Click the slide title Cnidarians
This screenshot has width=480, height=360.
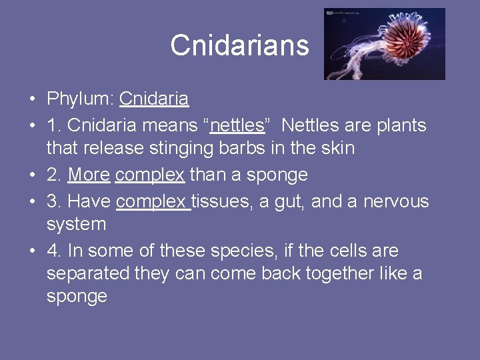(x=239, y=45)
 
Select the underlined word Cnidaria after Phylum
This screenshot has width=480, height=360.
(x=154, y=100)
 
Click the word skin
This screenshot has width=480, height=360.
(x=337, y=148)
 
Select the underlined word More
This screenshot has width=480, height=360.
(x=89, y=175)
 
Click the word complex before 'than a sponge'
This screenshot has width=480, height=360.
(x=150, y=175)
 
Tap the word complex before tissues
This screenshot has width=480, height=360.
(x=152, y=201)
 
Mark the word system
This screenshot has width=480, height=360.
(x=76, y=224)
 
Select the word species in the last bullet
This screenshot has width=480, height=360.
(x=237, y=251)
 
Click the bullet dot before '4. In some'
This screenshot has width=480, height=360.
(x=32, y=251)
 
